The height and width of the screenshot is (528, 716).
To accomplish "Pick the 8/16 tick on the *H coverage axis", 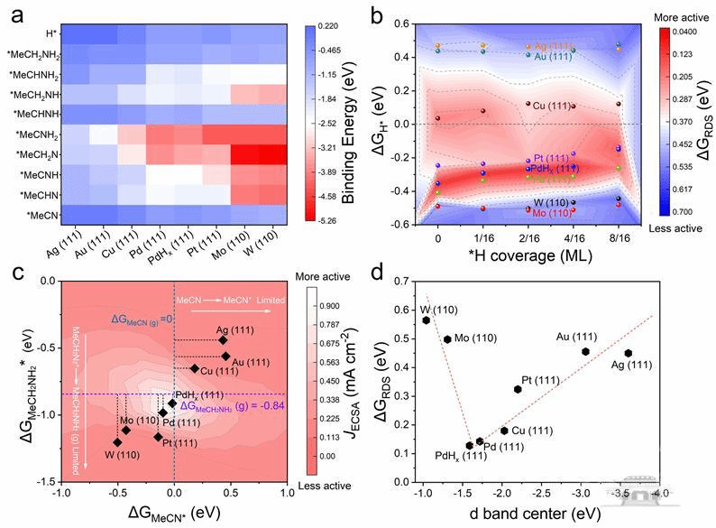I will coord(618,241).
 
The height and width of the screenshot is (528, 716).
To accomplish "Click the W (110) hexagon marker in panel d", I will coord(427,320).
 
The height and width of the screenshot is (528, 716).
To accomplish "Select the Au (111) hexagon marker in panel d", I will coord(585,352).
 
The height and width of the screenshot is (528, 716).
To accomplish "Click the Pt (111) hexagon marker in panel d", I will coord(518,389).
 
